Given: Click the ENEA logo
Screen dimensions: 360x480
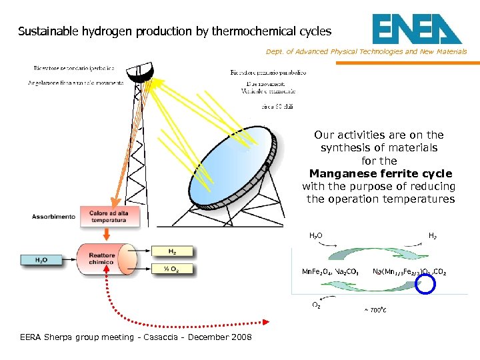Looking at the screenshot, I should [x=416, y=30].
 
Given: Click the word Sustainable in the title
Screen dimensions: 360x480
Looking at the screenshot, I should [x=45, y=31].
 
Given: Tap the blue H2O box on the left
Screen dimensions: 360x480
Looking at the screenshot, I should [x=41, y=260].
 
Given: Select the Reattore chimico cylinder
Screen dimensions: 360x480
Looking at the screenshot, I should [x=105, y=259].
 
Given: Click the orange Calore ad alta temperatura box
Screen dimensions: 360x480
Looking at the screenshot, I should [x=108, y=216].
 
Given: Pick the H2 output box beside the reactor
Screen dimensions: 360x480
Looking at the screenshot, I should [x=173, y=251].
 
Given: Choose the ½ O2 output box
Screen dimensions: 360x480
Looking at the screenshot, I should [x=173, y=269].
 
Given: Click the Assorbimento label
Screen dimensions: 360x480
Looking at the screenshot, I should [x=53, y=217].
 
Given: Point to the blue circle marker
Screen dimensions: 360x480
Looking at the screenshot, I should [x=425, y=284].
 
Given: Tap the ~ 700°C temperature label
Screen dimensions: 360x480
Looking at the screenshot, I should [x=375, y=309].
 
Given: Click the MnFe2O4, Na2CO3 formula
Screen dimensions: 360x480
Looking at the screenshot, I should [x=331, y=272].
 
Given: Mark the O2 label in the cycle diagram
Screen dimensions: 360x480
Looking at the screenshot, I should [x=316, y=306].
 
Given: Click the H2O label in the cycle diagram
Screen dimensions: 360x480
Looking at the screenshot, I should [x=316, y=235].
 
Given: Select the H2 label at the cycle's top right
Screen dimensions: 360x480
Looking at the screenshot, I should [x=432, y=235].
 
